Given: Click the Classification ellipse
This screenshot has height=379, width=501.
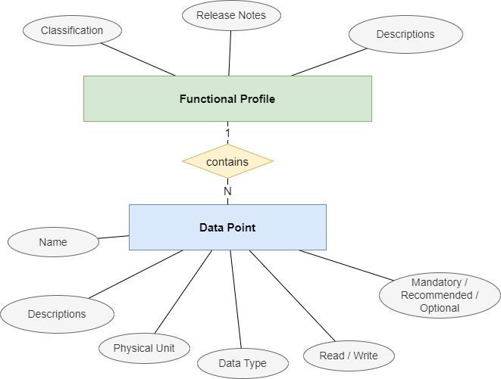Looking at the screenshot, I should (72, 31).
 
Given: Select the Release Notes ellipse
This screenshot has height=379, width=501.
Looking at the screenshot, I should (227, 14).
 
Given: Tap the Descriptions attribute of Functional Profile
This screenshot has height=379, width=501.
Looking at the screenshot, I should (405, 34).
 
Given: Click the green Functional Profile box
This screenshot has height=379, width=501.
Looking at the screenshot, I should (227, 99).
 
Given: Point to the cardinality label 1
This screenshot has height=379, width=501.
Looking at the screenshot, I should (227, 132).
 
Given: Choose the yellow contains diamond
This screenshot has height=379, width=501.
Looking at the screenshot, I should (227, 161).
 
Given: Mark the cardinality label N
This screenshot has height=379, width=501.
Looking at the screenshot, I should (227, 192).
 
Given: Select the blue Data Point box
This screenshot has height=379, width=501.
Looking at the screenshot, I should (227, 227).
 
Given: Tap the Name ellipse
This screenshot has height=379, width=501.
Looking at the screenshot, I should (53, 243).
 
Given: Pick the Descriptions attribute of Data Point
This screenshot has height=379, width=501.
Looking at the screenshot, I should (57, 314).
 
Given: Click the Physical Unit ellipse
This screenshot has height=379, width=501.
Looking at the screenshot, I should (144, 349).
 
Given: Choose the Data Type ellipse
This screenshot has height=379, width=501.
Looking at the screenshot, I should (243, 364).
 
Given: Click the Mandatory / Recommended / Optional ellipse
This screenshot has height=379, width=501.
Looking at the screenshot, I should (440, 295).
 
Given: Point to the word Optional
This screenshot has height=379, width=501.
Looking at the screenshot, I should (440, 308).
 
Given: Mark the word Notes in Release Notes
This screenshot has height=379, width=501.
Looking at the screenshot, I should (243, 14).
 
